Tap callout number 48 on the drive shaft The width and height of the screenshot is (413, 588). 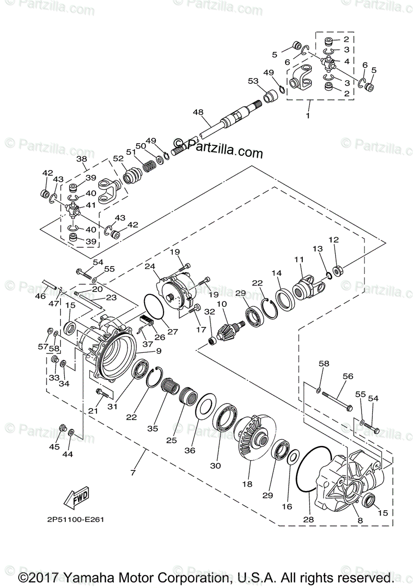tap(198, 112)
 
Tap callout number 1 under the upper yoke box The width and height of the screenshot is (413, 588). tap(308, 116)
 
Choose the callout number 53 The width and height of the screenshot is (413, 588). tap(252, 81)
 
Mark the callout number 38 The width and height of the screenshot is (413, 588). tap(82, 159)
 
